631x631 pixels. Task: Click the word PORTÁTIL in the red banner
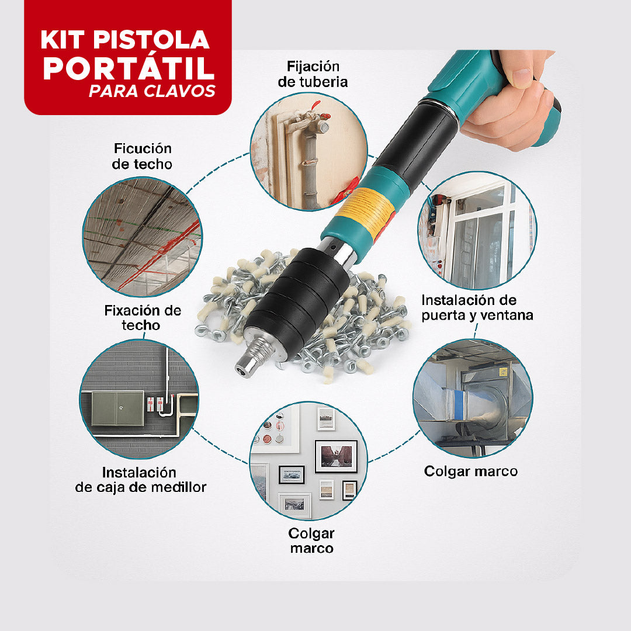(128, 68)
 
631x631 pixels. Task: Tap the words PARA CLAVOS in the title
(152, 92)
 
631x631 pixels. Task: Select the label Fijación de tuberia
(313, 74)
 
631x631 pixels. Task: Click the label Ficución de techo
(142, 156)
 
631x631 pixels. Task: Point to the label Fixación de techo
(143, 317)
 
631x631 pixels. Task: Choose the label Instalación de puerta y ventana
(477, 307)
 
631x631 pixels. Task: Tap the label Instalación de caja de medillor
(140, 479)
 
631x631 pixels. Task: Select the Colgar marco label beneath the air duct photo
(470, 471)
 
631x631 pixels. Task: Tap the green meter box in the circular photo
(117, 408)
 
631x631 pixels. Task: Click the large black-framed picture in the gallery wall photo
(335, 456)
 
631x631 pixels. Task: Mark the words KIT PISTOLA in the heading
(124, 40)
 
